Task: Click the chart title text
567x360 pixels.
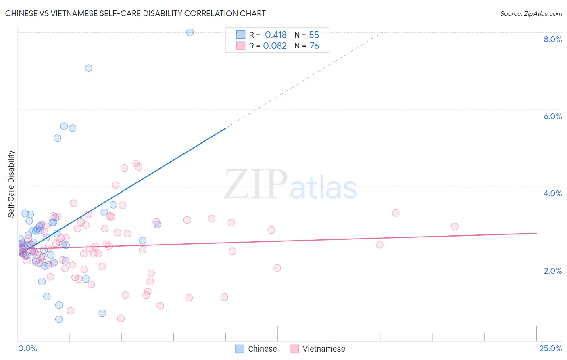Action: pyautogui.click(x=135, y=13)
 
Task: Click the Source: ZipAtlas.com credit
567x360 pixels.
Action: pyautogui.click(x=531, y=13)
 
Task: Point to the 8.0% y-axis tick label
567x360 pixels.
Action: pyautogui.click(x=552, y=39)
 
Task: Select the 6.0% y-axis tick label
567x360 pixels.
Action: pyautogui.click(x=552, y=116)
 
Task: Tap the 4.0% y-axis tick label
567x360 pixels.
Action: pyautogui.click(x=552, y=193)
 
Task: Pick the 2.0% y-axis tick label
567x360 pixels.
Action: pyautogui.click(x=552, y=271)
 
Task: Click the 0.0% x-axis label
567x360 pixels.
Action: pyautogui.click(x=27, y=348)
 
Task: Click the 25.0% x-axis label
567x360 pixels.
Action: pyautogui.click(x=550, y=348)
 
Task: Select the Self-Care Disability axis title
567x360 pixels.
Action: pyautogui.click(x=11, y=184)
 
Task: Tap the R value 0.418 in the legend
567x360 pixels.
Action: pyautogui.click(x=275, y=35)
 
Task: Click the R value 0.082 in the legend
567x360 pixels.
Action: pyautogui.click(x=275, y=46)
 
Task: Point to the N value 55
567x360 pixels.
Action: pyautogui.click(x=314, y=35)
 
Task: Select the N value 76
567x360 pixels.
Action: pyautogui.click(x=314, y=46)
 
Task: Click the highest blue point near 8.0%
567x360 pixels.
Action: pyautogui.click(x=190, y=32)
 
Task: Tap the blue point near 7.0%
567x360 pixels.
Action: pyautogui.click(x=89, y=68)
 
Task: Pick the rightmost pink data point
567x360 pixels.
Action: pyautogui.click(x=454, y=226)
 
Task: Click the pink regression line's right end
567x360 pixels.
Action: pyautogui.click(x=536, y=233)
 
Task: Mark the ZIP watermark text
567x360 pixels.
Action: pyautogui.click(x=256, y=184)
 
